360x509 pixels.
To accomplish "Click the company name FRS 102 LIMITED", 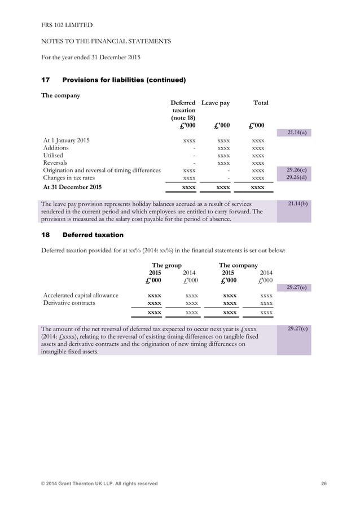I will point(67,25).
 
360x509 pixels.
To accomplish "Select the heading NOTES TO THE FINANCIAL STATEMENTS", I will point(107,41).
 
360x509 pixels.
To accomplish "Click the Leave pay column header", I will point(216,103).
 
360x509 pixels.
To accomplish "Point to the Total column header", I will point(261,103).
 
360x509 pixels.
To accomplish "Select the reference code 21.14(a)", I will point(297,132).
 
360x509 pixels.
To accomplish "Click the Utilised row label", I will point(53,155).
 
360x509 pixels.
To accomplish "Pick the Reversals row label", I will point(55,163).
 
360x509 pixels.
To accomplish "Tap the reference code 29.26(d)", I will point(297,177).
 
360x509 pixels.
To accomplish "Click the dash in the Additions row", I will point(194,147).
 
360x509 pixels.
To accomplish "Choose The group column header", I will point(166,265).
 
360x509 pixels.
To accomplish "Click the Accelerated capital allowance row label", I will point(81,295).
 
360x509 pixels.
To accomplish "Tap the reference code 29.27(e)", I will point(297,287).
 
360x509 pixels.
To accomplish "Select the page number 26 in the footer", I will point(323,484).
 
